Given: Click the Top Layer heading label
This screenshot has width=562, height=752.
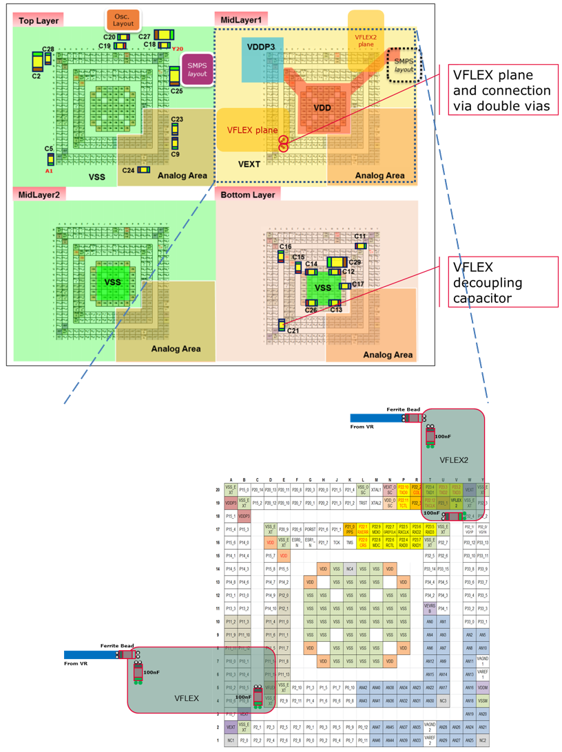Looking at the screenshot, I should (x=37, y=21).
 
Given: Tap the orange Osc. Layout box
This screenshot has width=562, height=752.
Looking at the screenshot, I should (x=123, y=20).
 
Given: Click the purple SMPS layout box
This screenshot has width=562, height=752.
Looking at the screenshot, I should (x=196, y=69).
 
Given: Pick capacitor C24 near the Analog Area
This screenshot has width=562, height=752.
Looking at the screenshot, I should (x=145, y=170).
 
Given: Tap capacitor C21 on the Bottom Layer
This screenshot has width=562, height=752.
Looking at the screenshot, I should (x=281, y=324).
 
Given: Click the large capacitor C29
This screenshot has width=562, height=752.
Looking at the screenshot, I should (x=338, y=262).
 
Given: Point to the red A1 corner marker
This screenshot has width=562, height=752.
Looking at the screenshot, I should (x=49, y=170).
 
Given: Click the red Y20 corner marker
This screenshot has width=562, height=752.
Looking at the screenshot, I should (x=177, y=49).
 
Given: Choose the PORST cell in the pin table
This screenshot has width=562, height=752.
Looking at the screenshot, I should (x=310, y=529).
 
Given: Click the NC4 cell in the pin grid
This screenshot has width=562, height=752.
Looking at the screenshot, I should (x=350, y=569).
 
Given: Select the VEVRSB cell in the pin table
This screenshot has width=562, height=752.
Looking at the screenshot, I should (x=430, y=608).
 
